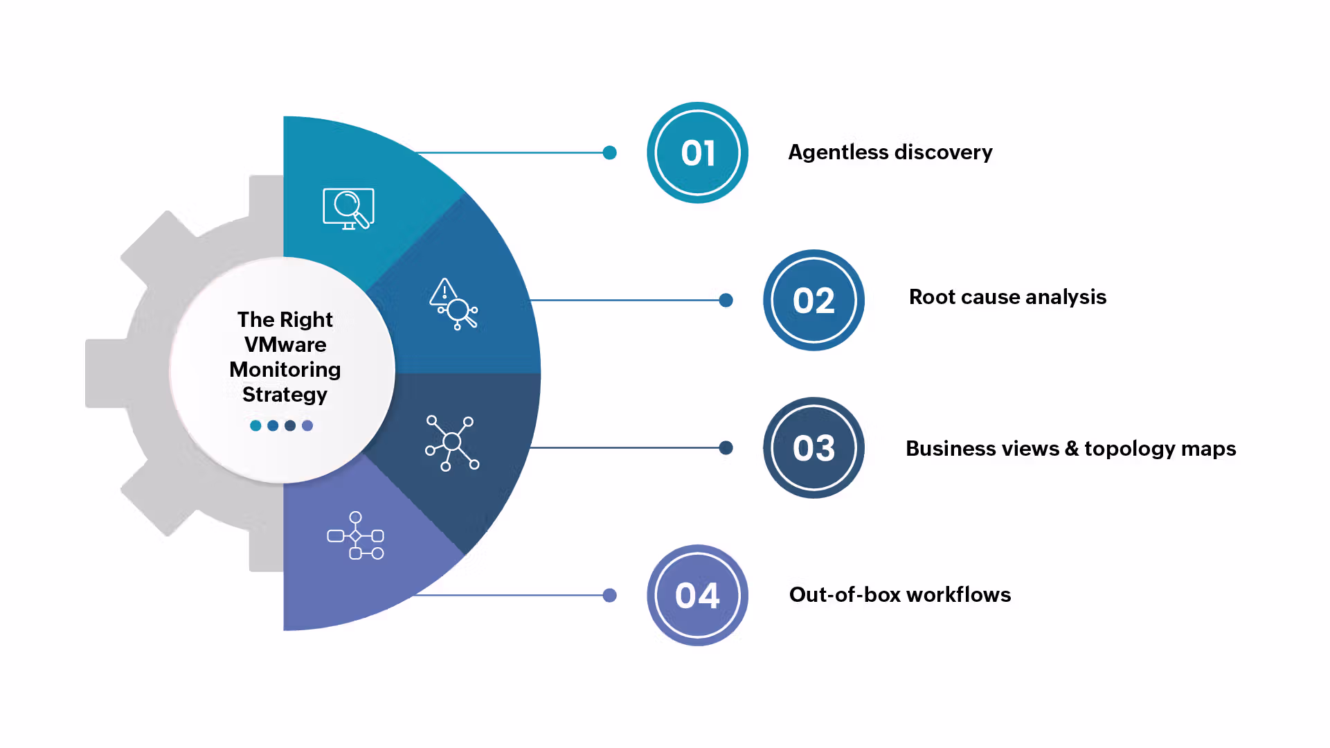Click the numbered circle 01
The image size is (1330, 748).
pos(697,152)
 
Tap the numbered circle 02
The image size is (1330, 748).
pos(814,300)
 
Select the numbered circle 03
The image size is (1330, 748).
pos(814,447)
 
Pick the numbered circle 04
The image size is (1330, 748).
pos(697,595)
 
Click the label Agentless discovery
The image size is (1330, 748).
pos(890,152)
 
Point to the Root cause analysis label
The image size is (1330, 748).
pos(1007,296)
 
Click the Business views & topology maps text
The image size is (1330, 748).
pos(1070,448)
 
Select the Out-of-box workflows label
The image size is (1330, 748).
pos(899,594)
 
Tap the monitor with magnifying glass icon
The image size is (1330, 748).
pos(348,208)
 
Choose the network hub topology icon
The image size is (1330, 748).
pos(452,443)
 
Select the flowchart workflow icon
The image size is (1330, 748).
pos(356,535)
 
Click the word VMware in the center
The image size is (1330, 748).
pos(285,344)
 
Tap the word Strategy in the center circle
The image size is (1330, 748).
pos(285,394)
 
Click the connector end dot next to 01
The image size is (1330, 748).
pos(609,152)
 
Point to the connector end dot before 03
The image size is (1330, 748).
pos(726,447)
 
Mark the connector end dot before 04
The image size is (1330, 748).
pos(609,595)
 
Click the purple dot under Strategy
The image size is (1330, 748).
pos(307,425)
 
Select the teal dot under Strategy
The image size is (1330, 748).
pos(255,425)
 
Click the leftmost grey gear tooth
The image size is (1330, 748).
pos(104,373)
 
